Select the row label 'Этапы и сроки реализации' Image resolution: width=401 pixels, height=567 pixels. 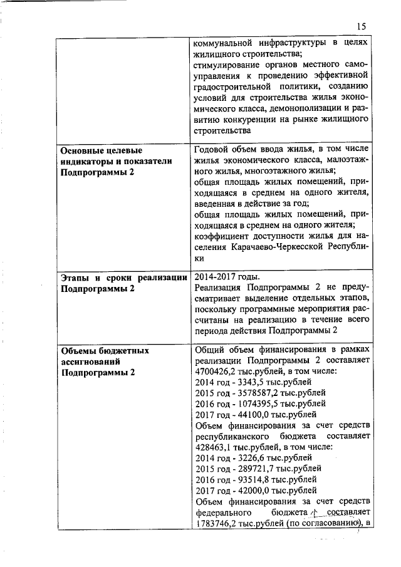click(118, 278)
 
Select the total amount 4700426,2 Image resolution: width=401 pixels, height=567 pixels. click(217, 370)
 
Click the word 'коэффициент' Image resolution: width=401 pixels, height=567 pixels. click(224, 236)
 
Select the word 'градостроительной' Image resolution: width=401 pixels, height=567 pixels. click(232, 86)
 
